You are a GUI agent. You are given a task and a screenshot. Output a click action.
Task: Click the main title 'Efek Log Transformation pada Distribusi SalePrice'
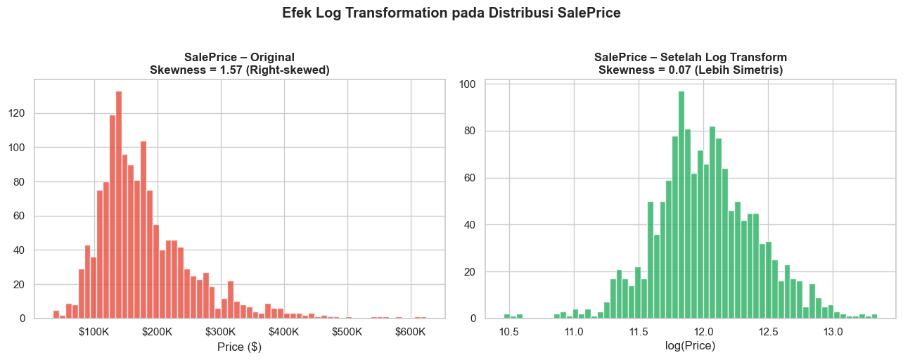451,13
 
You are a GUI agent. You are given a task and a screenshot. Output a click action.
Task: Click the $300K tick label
221,331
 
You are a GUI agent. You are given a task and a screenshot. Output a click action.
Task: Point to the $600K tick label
410,331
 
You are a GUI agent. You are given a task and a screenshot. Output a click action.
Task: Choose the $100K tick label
94,331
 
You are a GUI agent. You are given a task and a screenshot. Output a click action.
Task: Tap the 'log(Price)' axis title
690,346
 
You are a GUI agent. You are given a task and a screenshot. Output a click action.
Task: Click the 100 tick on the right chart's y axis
467,84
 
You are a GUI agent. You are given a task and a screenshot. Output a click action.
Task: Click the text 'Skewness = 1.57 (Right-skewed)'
239,70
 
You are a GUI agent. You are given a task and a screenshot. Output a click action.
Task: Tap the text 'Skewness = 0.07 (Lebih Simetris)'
690,70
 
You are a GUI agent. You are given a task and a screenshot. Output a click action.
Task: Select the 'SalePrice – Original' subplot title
239,57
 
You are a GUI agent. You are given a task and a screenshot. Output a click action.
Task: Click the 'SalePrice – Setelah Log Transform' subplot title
690,57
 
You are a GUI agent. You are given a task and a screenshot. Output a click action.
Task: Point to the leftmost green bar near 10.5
506,316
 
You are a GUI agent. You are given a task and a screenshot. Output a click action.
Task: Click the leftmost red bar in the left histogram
56,314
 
